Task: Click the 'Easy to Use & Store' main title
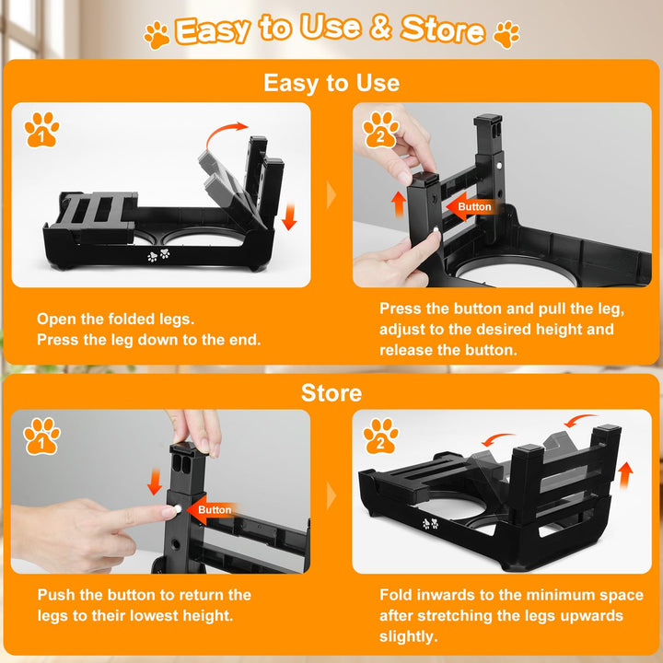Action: [331, 29]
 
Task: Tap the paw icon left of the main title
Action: [157, 35]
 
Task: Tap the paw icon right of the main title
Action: [506, 35]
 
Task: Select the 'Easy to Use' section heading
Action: [331, 83]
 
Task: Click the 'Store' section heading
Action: [331, 393]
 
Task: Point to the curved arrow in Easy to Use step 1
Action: [224, 132]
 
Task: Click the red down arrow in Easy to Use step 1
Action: [289, 217]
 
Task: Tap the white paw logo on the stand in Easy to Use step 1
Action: [158, 255]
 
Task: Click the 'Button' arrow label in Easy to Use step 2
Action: [470, 206]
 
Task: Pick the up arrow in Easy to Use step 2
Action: [399, 204]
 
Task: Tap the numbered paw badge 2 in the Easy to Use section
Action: [380, 130]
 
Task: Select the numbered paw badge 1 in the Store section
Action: [41, 436]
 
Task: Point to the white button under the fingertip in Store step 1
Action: [178, 509]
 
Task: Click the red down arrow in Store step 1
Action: [155, 482]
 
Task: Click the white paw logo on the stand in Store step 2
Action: [431, 523]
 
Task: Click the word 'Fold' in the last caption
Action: [395, 595]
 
